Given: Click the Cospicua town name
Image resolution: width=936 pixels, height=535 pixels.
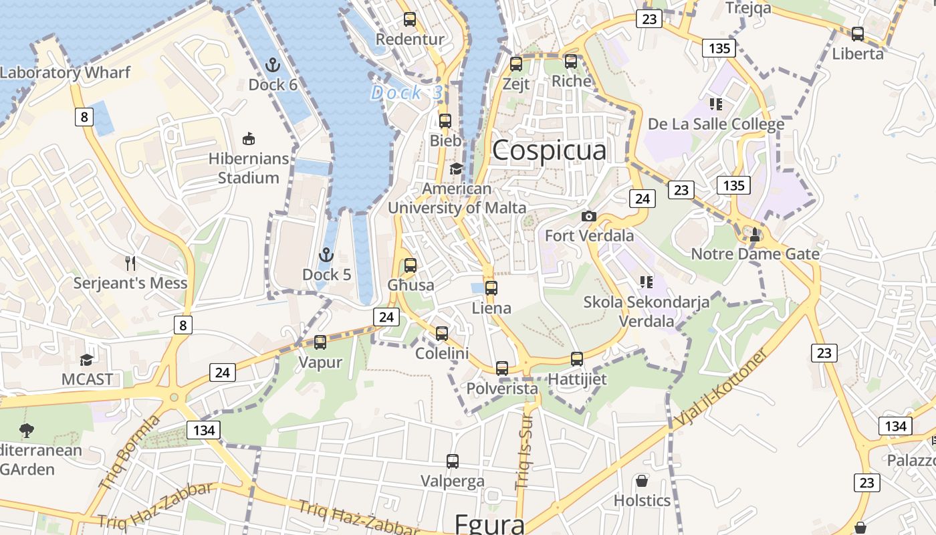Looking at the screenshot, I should pyautogui.click(x=549, y=150).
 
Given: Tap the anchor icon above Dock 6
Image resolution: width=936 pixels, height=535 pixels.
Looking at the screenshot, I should pyautogui.click(x=272, y=65).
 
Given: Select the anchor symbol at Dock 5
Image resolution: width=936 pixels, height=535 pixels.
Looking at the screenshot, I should pyautogui.click(x=326, y=255).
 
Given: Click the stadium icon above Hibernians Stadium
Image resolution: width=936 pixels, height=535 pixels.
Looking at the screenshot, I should pyautogui.click(x=248, y=138).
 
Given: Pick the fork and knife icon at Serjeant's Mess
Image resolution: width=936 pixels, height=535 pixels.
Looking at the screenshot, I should pyautogui.click(x=130, y=263).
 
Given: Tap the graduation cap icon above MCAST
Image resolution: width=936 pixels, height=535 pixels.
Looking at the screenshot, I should pyautogui.click(x=86, y=360).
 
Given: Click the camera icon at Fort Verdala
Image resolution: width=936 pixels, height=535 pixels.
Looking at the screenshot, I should pyautogui.click(x=589, y=216).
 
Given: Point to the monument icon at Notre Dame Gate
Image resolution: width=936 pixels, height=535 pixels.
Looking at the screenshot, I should pyautogui.click(x=755, y=234).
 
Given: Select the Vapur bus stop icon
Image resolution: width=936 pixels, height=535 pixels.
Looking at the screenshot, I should pyautogui.click(x=320, y=342).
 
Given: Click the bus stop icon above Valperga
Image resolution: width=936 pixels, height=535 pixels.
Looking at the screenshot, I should pyautogui.click(x=453, y=461).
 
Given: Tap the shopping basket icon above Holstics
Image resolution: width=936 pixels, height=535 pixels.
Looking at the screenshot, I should pyautogui.click(x=642, y=481).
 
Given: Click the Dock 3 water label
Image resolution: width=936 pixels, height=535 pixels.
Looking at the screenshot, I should pyautogui.click(x=406, y=93).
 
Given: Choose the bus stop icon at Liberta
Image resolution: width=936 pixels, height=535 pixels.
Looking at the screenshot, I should pyautogui.click(x=858, y=33).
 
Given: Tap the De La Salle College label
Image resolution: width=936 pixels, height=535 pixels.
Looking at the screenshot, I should pyautogui.click(x=716, y=124).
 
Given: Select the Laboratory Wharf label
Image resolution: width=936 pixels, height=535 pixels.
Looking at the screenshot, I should pyautogui.click(x=65, y=72).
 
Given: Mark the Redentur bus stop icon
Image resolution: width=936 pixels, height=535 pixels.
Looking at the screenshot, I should pyautogui.click(x=410, y=19).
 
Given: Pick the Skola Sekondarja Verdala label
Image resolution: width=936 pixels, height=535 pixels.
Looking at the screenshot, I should pyautogui.click(x=647, y=311).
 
